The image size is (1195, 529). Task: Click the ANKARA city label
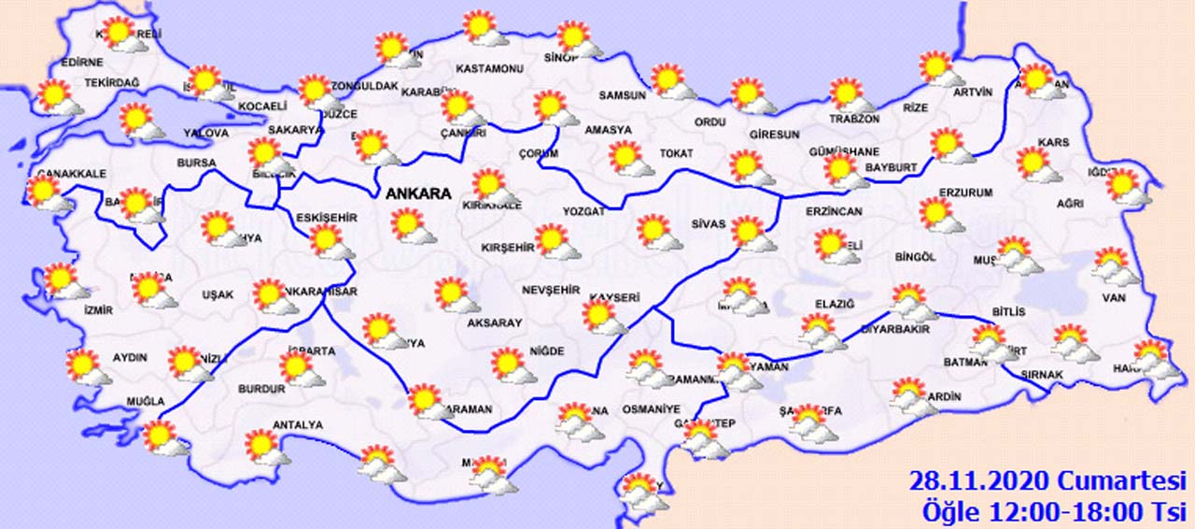[x=418, y=194]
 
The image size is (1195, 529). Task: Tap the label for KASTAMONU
[x=488, y=69]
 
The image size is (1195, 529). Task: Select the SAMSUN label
[x=623, y=95]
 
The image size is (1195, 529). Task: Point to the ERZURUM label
[x=965, y=193]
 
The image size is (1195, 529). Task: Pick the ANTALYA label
[x=297, y=425]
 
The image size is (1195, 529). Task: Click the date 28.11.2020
[x=979, y=482]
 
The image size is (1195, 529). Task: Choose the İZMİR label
[x=98, y=310]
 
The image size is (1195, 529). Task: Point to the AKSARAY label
[x=495, y=322]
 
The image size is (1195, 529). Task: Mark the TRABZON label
[x=854, y=120]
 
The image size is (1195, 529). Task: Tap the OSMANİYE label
[x=648, y=409]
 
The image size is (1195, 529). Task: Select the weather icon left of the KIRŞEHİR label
[x=555, y=241]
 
